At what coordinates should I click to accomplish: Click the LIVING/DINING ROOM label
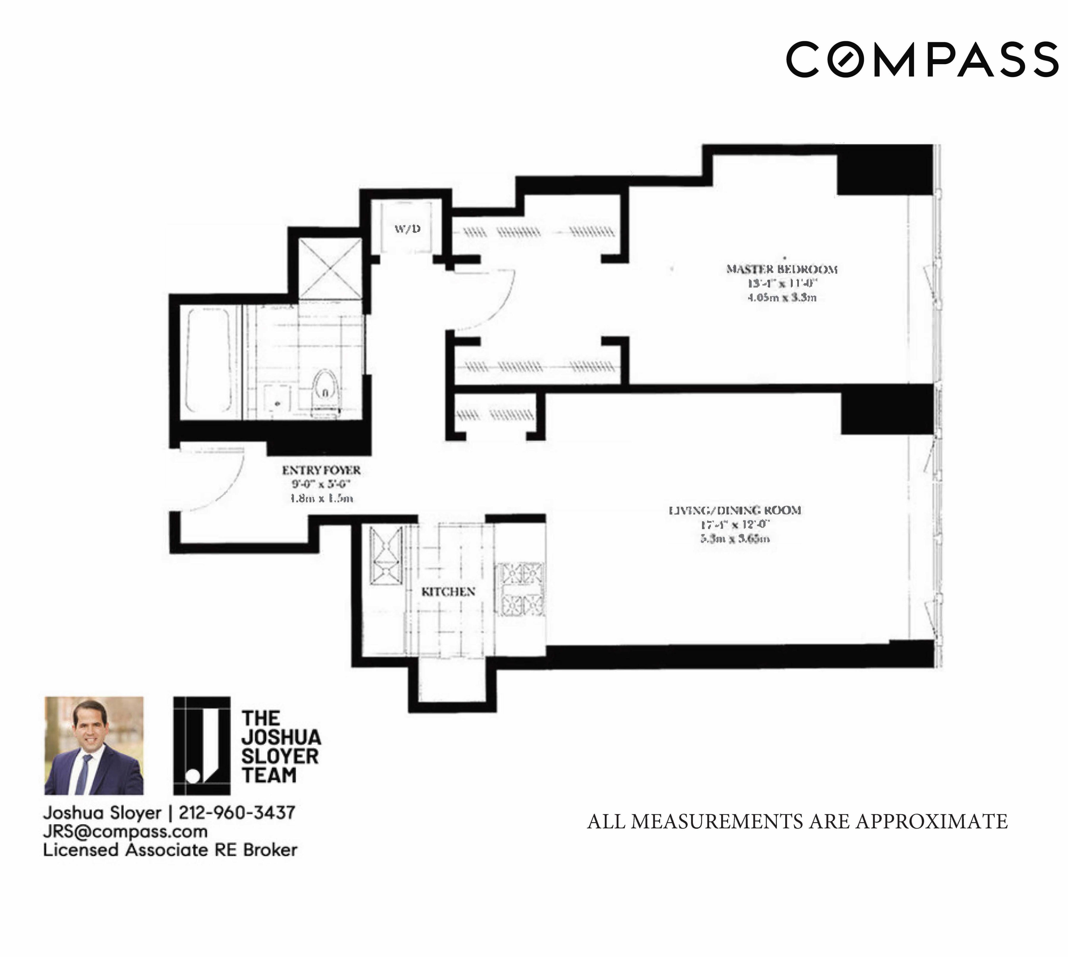pos(735,510)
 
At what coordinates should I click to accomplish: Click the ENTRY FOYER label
pos(321,470)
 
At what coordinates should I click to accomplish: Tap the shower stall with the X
pos(330,268)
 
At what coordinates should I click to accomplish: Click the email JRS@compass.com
pos(125,831)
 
